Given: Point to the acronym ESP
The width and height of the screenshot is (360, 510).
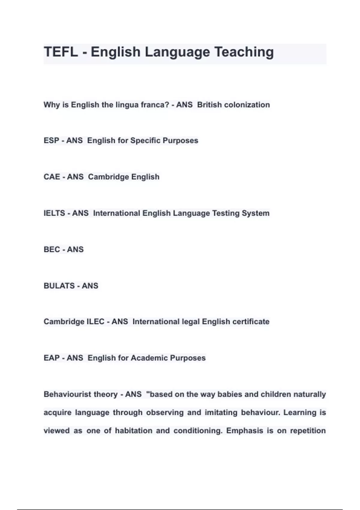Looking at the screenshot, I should click(51, 140).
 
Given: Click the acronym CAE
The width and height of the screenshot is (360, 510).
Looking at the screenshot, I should click(52, 177).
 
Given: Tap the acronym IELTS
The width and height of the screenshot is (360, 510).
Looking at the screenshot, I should click(54, 213).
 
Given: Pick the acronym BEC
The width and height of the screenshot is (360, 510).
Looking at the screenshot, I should click(52, 249).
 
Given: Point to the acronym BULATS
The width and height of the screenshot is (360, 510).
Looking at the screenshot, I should click(59, 286).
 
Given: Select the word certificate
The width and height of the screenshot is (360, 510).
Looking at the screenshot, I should click(251, 322).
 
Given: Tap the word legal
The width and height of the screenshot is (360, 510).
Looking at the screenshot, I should click(191, 322).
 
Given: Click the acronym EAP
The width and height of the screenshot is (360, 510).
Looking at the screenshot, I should click(51, 358).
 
